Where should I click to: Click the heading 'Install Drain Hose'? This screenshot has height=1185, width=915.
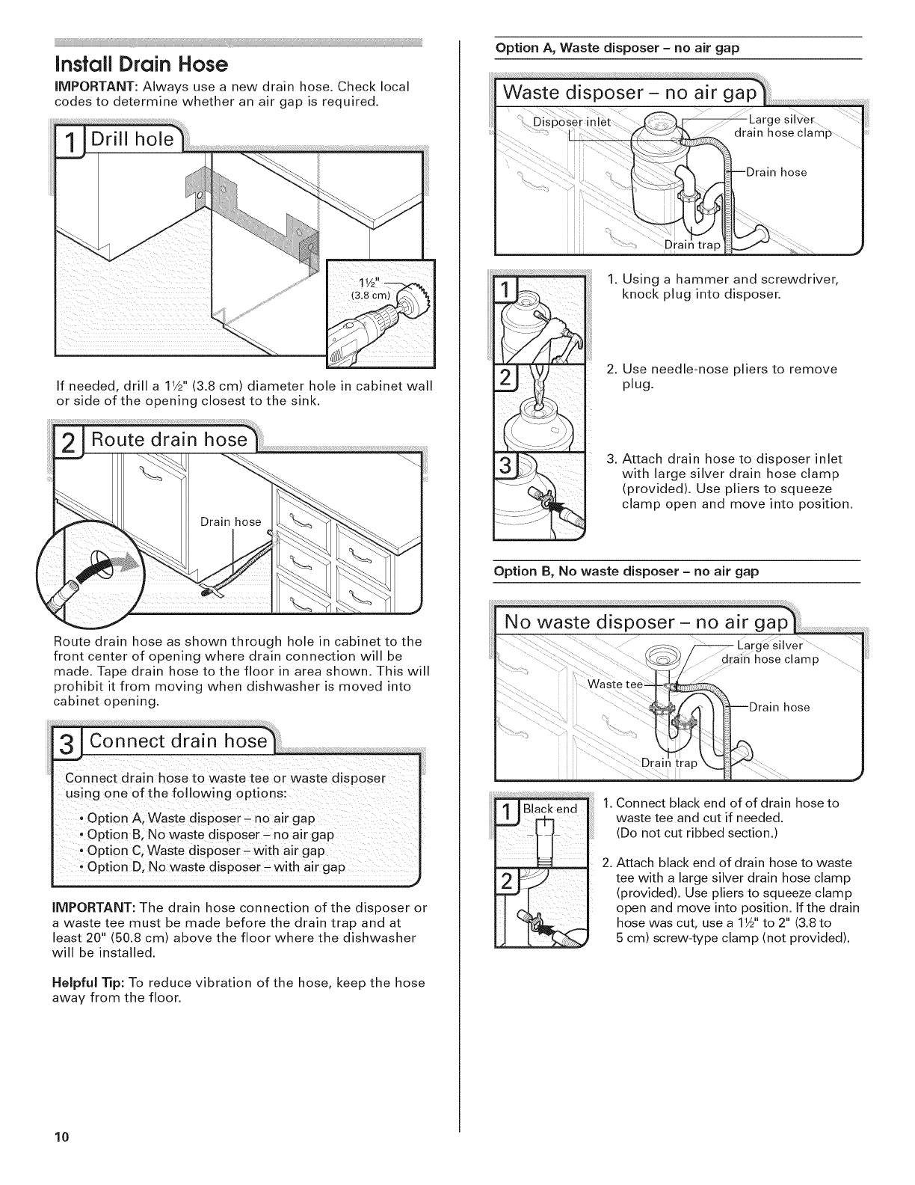[141, 64]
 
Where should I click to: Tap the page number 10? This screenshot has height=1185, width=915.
[61, 1136]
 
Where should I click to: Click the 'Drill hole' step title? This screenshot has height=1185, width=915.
[132, 139]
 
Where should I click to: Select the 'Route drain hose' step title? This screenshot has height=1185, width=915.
[169, 440]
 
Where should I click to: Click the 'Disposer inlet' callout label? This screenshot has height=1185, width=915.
[572, 122]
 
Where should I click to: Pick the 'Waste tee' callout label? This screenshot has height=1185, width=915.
[614, 685]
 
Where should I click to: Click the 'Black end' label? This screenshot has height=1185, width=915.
[550, 809]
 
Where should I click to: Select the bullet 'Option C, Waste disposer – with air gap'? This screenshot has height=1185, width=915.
[206, 851]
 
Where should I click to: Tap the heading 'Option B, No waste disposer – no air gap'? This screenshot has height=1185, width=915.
[626, 572]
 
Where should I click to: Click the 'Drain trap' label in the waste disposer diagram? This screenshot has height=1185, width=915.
[692, 245]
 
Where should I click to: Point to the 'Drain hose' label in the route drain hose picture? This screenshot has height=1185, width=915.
[230, 522]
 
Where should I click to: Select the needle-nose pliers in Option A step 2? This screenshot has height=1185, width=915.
[540, 388]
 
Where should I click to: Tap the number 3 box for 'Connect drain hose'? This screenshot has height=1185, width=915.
[67, 744]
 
